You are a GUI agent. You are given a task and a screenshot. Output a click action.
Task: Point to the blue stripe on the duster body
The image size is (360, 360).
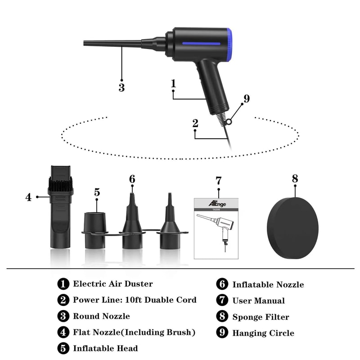coord(201,44)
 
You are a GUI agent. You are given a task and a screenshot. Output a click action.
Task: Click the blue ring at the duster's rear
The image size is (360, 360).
coord(229,44)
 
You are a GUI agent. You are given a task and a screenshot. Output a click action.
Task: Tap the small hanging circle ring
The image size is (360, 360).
coord(229,121)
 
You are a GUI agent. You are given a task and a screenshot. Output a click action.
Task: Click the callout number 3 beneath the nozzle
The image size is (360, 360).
coord(121,88)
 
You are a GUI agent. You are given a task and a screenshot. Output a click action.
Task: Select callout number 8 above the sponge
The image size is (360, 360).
coord(295,179)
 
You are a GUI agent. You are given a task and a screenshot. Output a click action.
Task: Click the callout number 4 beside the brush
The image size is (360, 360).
coord(28,197)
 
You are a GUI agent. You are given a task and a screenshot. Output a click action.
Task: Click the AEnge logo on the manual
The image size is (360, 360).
coord(218,203)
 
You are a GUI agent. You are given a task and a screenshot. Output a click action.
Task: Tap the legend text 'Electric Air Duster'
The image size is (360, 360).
coord(113,284)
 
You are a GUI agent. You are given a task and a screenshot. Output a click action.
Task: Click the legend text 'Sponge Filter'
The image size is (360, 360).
coord(261,317)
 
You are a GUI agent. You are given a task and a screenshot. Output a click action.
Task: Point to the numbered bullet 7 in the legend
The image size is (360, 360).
coord(222,301)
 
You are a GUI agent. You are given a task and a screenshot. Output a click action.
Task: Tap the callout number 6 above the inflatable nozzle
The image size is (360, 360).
coord(132,179)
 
